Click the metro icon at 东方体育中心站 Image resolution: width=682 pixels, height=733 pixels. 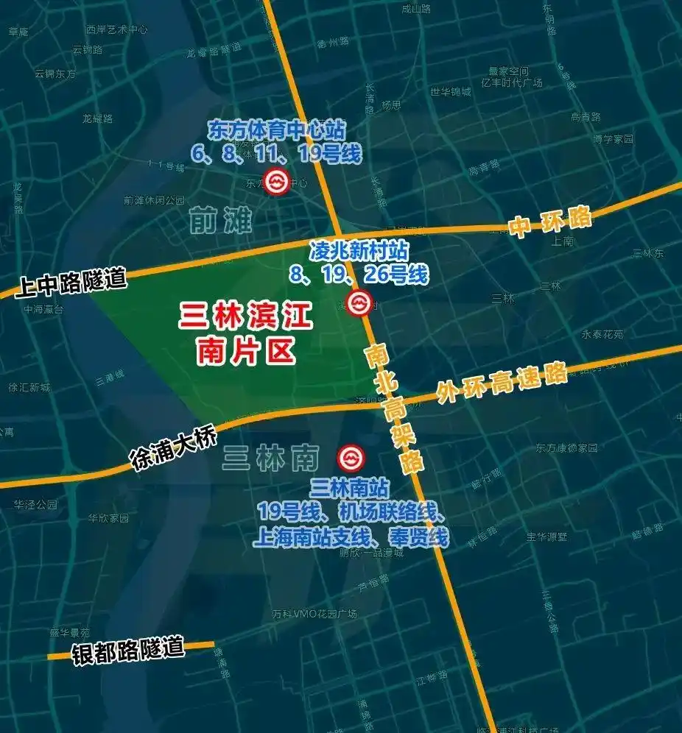click(x=278, y=182)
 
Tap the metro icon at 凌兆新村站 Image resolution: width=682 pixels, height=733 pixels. click(x=359, y=303)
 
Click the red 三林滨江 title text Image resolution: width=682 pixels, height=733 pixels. click(x=246, y=317)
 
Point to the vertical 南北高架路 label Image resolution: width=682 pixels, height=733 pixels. click(x=393, y=408)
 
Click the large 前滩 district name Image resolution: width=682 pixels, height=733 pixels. click(x=220, y=219)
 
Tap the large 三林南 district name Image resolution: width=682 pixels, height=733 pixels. click(x=270, y=458)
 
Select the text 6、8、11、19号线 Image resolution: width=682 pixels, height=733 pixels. click(x=276, y=153)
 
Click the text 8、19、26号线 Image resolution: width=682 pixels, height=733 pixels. click(x=359, y=275)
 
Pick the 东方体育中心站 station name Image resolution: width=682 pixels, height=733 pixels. click(x=276, y=131)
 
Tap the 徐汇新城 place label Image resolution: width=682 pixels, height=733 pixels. click(x=29, y=387)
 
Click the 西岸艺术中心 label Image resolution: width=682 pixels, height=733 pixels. click(x=116, y=29)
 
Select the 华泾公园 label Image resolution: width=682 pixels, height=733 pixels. click(x=35, y=505)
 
